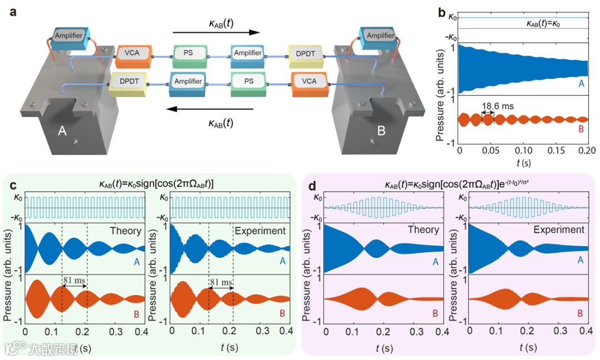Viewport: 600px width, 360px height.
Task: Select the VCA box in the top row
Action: tap(132, 54)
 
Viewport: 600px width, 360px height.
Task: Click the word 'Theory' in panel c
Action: tap(126, 230)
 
